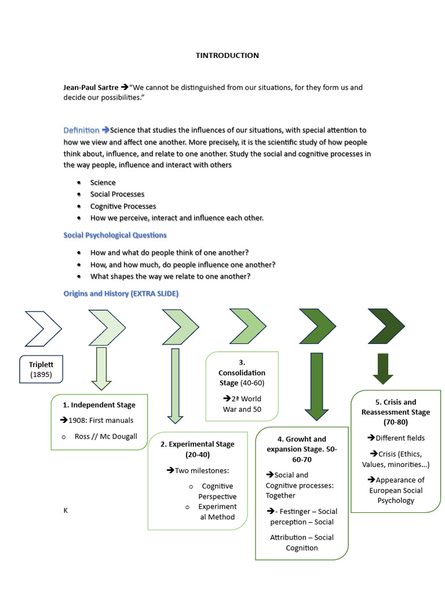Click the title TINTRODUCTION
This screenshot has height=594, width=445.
[227, 56]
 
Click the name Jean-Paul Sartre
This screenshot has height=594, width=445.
[91, 88]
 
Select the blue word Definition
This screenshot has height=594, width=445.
[81, 130]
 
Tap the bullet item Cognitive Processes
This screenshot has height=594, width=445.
[123, 206]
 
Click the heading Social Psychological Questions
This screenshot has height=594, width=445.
[115, 235]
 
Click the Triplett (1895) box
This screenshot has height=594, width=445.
[41, 370]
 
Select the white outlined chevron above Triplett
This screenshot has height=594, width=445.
[43, 328]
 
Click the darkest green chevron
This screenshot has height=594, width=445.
[386, 326]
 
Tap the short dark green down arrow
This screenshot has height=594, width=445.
[382, 369]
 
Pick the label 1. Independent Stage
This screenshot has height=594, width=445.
[99, 405]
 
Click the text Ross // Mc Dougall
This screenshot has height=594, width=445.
[106, 436]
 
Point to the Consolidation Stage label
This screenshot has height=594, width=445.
[242, 378]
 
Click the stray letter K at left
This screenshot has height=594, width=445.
[65, 511]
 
